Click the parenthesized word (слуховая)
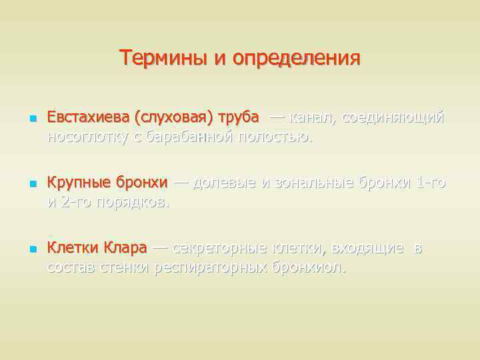pos(173,117)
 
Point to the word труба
pos(239,117)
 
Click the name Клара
pos(125,248)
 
